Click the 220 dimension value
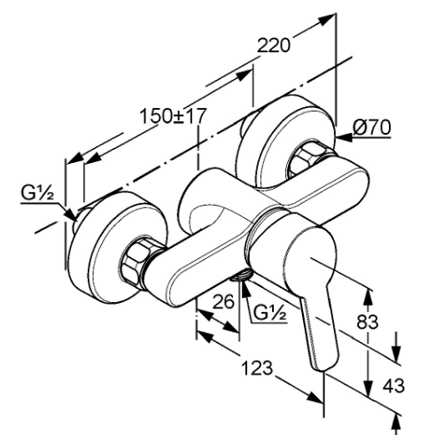click(x=274, y=45)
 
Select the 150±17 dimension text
click(x=172, y=116)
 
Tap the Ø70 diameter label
click(x=372, y=128)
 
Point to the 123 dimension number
click(x=257, y=369)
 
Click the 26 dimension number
click(x=223, y=301)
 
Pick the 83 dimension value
click(x=367, y=322)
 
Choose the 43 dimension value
click(x=393, y=385)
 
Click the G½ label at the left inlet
click(x=37, y=193)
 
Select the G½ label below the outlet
click(x=270, y=314)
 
